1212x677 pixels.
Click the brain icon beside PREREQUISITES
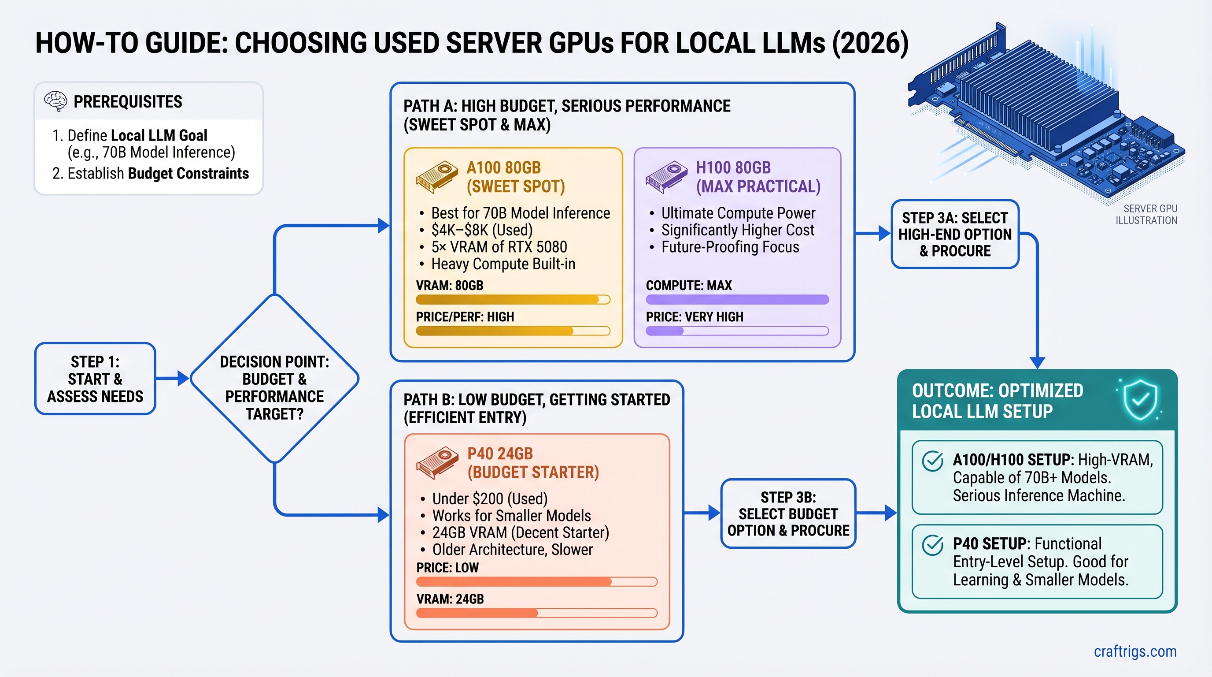pyautogui.click(x=55, y=101)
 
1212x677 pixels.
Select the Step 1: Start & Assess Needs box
pyautogui.click(x=95, y=379)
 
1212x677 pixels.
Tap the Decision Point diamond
pyautogui.click(x=274, y=379)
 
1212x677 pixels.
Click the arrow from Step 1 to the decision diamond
pyautogui.click(x=172, y=378)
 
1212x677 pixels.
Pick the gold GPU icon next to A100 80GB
pyautogui.click(x=436, y=177)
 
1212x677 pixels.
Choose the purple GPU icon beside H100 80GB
pyautogui.click(x=666, y=177)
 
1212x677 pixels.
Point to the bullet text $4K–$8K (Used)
pyautogui.click(x=482, y=230)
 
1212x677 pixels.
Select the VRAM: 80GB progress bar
pyautogui.click(x=512, y=299)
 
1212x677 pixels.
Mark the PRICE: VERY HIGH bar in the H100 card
pyautogui.click(x=737, y=331)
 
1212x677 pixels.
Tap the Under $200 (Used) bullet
pyautogui.click(x=489, y=498)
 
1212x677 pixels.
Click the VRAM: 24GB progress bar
pyautogui.click(x=536, y=613)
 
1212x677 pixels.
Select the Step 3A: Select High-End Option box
pyautogui.click(x=955, y=234)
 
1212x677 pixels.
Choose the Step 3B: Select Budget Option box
pyautogui.click(x=788, y=513)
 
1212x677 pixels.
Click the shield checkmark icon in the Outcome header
pyautogui.click(x=1140, y=400)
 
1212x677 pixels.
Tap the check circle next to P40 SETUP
pyautogui.click(x=932, y=545)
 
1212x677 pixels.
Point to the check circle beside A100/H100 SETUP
pyautogui.click(x=932, y=461)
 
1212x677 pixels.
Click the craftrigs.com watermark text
pyautogui.click(x=1135, y=651)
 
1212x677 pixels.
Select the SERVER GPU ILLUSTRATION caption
pyautogui.click(x=1147, y=214)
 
